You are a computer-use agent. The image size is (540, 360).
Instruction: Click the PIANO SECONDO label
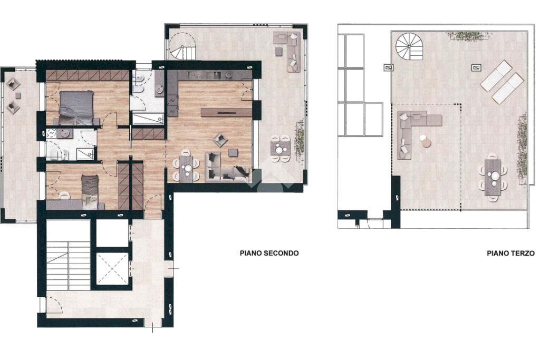point(269,254)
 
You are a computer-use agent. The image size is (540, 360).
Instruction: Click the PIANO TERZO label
point(510,254)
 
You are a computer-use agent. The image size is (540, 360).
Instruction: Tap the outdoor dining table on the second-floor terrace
point(281,149)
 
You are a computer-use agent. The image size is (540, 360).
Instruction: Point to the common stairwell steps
point(68,266)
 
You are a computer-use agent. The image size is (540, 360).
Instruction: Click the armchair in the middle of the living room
point(220,140)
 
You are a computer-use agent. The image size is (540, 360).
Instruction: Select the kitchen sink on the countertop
point(217,74)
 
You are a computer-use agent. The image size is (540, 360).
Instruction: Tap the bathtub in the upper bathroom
point(148,119)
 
